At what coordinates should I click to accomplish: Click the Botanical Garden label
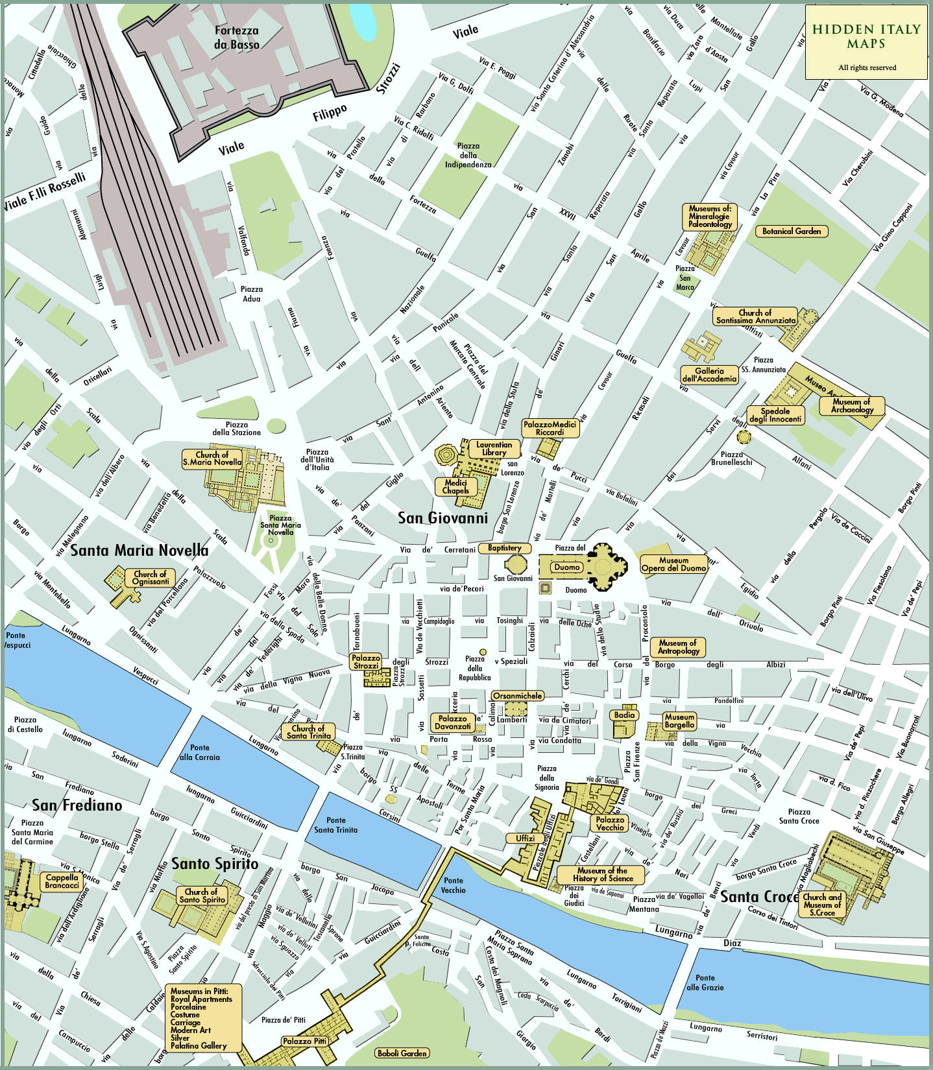point(791,231)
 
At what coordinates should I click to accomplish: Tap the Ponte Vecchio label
point(454,885)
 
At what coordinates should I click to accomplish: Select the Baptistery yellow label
point(504,548)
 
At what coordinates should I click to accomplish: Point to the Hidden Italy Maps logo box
point(866,42)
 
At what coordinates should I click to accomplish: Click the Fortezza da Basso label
point(236,38)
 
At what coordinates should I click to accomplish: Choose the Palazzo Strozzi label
point(366,661)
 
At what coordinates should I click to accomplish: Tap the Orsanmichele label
point(517,696)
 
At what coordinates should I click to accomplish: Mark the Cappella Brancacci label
point(62,881)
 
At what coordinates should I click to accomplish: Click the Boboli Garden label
point(402,1053)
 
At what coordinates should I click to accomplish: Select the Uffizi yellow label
point(525,838)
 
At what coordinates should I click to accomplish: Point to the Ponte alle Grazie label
point(705,982)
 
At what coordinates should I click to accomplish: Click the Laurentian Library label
point(494,448)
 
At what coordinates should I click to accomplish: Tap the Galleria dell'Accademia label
point(709,375)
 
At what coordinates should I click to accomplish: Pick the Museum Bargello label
point(679,721)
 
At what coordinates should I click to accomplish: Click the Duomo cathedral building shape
point(602,567)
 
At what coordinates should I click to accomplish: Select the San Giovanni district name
point(442,518)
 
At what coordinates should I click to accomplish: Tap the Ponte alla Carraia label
point(200,752)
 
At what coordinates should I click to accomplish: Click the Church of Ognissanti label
point(150,578)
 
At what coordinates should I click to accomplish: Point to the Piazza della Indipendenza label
point(468,155)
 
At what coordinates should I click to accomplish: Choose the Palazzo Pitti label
point(304,1041)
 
